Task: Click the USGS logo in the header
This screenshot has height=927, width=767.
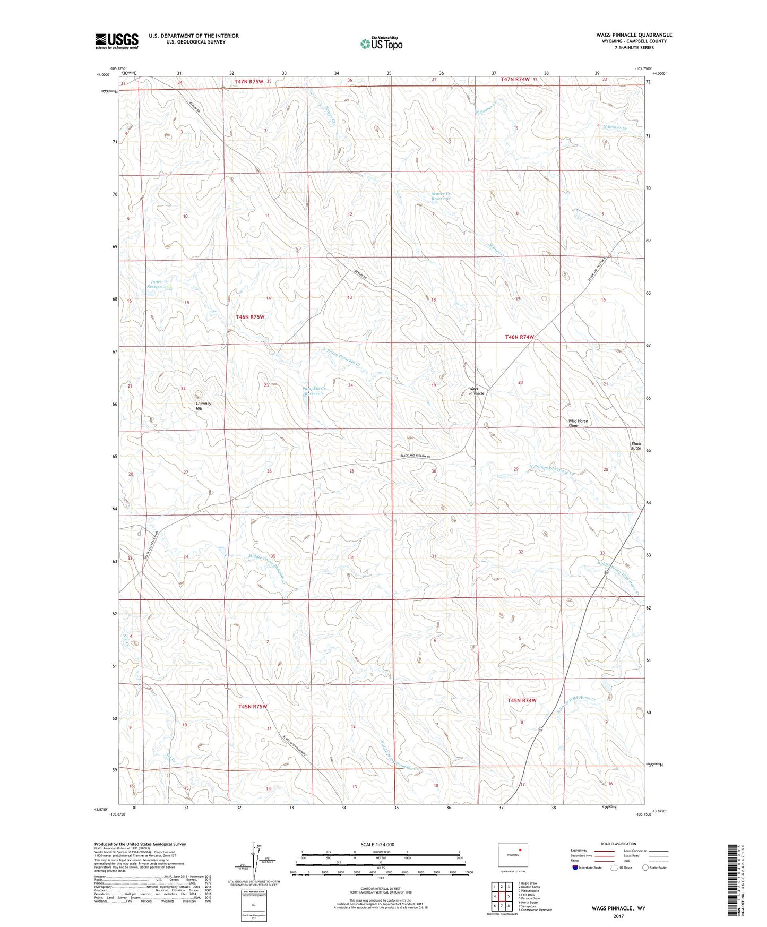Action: [116, 40]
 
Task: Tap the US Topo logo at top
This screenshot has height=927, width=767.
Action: [381, 44]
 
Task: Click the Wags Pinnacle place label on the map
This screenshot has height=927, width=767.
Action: [476, 391]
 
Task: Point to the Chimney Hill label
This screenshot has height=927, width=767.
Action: [203, 406]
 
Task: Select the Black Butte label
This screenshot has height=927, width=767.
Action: [636, 446]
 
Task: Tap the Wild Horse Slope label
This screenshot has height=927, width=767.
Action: [578, 423]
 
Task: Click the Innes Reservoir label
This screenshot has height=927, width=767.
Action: [157, 284]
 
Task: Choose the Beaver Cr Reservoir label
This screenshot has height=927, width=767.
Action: [440, 196]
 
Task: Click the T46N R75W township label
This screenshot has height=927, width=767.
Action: [250, 317]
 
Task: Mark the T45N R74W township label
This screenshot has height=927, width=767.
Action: [522, 700]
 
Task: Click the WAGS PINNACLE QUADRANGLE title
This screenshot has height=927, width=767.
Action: [634, 35]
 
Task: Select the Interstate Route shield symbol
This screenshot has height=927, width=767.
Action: [576, 868]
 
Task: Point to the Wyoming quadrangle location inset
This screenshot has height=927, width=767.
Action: [513, 855]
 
